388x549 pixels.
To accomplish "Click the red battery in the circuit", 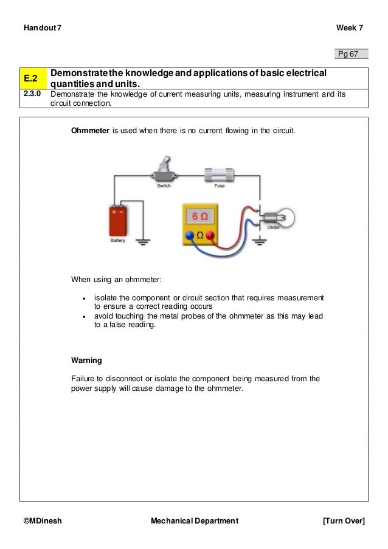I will [x=118, y=220].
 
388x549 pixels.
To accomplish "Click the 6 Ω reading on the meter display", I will [x=199, y=216].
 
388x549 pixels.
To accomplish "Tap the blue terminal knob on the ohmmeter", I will [x=190, y=235].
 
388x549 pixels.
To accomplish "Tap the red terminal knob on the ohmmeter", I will [x=210, y=235].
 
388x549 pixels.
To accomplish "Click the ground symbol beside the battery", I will [x=143, y=242].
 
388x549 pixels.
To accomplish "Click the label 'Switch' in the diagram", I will [x=164, y=187].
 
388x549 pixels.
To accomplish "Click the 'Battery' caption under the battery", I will [x=118, y=241].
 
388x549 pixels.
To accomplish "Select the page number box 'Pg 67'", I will [x=352, y=55].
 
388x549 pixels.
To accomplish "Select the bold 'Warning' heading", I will [x=87, y=359].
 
